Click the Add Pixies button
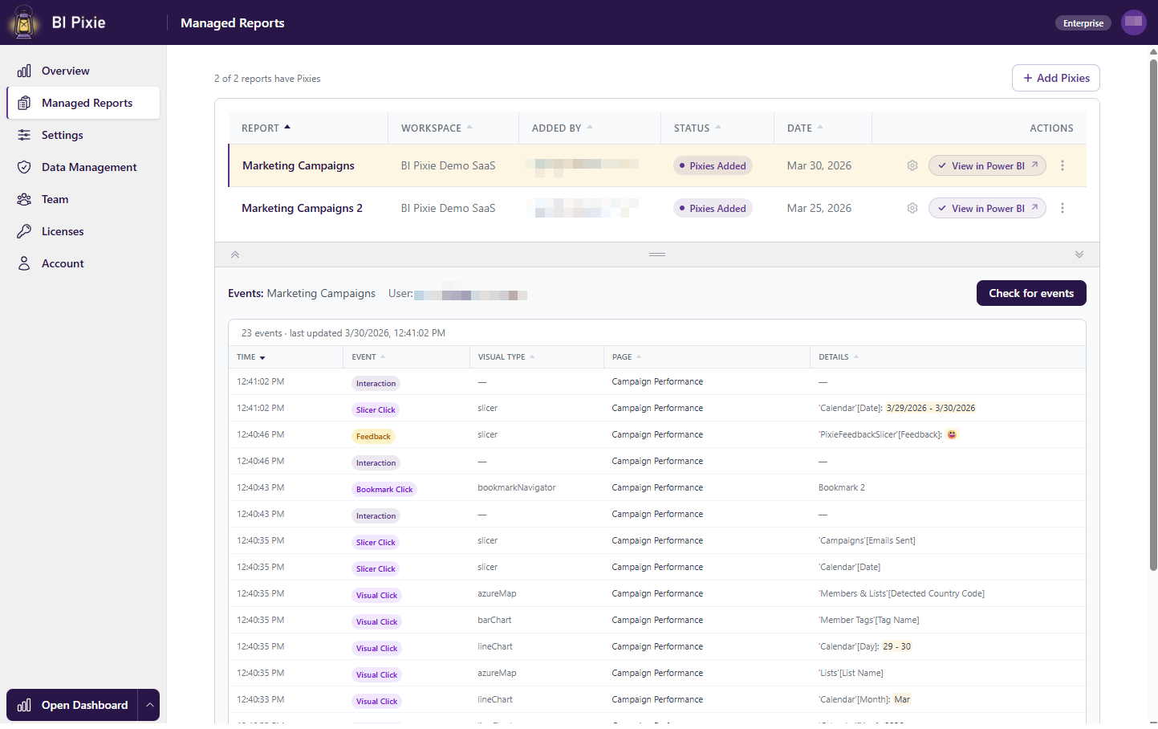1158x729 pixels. coord(1055,78)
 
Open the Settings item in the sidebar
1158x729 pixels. coord(62,135)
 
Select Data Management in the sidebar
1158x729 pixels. coord(88,167)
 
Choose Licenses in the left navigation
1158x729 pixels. coord(62,231)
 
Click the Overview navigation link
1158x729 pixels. coord(65,71)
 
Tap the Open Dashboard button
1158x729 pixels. coord(72,705)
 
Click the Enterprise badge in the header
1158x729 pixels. coord(1083,23)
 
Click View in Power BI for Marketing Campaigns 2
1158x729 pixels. coord(987,208)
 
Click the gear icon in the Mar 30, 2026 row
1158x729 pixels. coord(912,165)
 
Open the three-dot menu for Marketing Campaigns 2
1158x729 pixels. coord(1063,208)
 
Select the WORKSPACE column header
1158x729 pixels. coord(432,128)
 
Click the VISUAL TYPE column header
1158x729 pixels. coord(502,356)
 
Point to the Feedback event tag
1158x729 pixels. coord(373,437)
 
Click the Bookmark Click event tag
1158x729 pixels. coord(384,490)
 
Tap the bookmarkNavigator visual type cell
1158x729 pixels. coord(516,487)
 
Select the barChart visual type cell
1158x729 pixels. coord(494,620)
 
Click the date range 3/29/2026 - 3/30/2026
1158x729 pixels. coord(931,408)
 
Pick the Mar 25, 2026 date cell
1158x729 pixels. coord(819,208)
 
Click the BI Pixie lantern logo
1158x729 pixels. coord(24,22)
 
